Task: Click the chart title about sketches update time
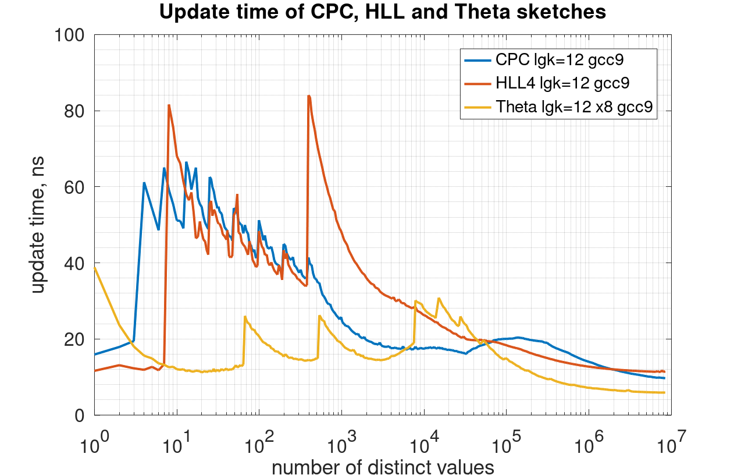click(382, 13)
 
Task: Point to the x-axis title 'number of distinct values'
click(383, 466)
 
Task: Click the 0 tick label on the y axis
click(79, 415)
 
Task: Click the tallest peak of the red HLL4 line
click(309, 95)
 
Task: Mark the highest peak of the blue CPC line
click(186, 162)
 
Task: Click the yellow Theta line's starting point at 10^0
click(94, 268)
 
